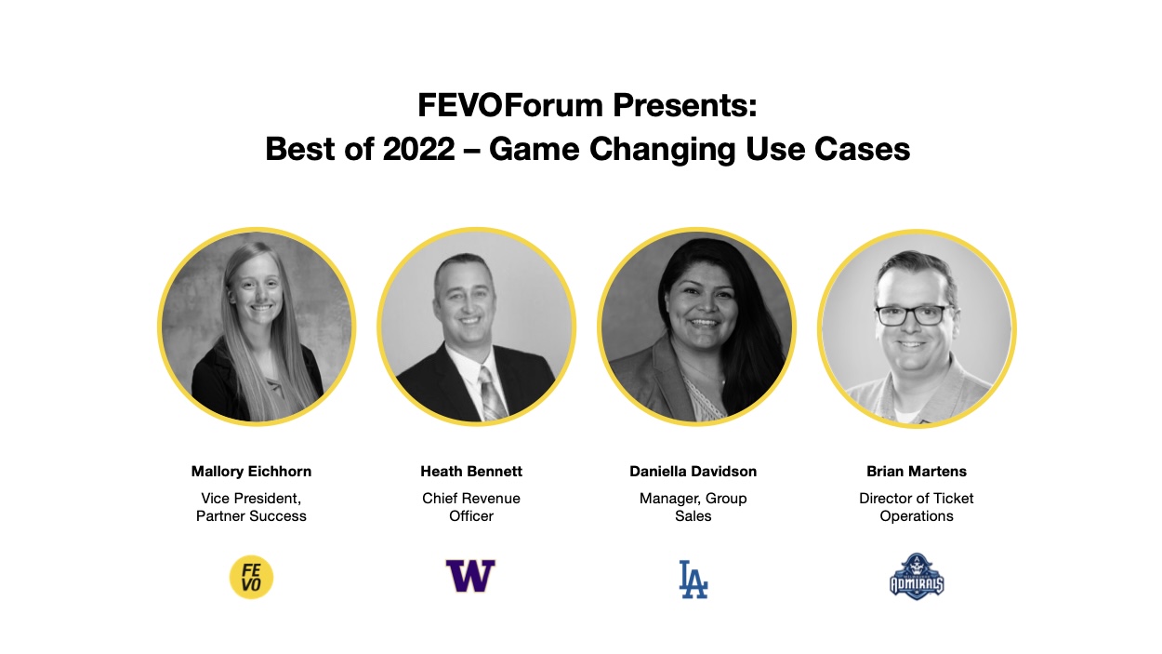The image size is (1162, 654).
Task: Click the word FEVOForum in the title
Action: (x=510, y=105)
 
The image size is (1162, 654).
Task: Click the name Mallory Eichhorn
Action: (x=251, y=472)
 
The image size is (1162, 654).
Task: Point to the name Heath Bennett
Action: (x=471, y=472)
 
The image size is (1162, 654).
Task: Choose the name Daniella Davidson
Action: (x=693, y=472)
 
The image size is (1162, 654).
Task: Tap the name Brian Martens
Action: (x=917, y=472)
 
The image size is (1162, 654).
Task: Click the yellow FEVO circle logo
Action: (x=251, y=577)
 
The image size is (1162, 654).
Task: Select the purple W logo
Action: (x=470, y=577)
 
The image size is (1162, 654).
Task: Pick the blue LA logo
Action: (x=693, y=579)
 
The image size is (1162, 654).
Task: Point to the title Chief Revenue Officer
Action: (x=471, y=507)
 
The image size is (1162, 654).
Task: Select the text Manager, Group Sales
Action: (x=693, y=507)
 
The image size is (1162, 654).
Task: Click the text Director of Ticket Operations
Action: (x=917, y=507)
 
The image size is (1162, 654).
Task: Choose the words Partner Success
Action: (x=251, y=516)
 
